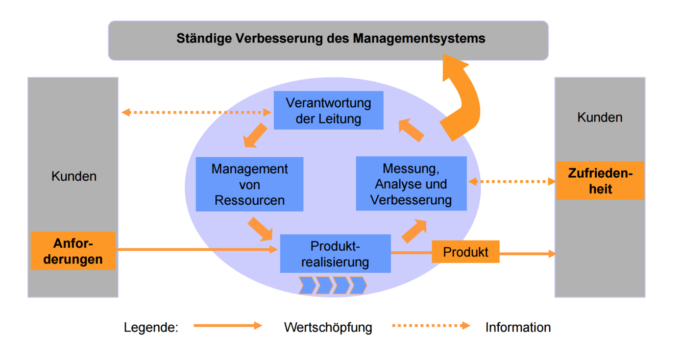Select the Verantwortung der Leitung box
(x=328, y=110)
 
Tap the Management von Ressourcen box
(x=250, y=184)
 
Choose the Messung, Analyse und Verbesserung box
(x=411, y=184)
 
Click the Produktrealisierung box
(x=335, y=254)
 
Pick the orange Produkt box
(x=465, y=252)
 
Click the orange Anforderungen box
(x=73, y=251)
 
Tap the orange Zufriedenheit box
(x=600, y=181)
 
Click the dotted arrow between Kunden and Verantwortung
(x=197, y=112)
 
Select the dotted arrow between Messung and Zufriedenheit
(x=512, y=181)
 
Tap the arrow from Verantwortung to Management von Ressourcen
(x=255, y=135)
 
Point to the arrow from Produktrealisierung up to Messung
(x=414, y=231)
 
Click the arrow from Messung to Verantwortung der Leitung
(x=411, y=130)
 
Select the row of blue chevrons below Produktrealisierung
(x=332, y=285)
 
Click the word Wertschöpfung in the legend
(x=328, y=327)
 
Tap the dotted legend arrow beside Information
(x=431, y=325)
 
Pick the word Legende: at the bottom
(x=151, y=327)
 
